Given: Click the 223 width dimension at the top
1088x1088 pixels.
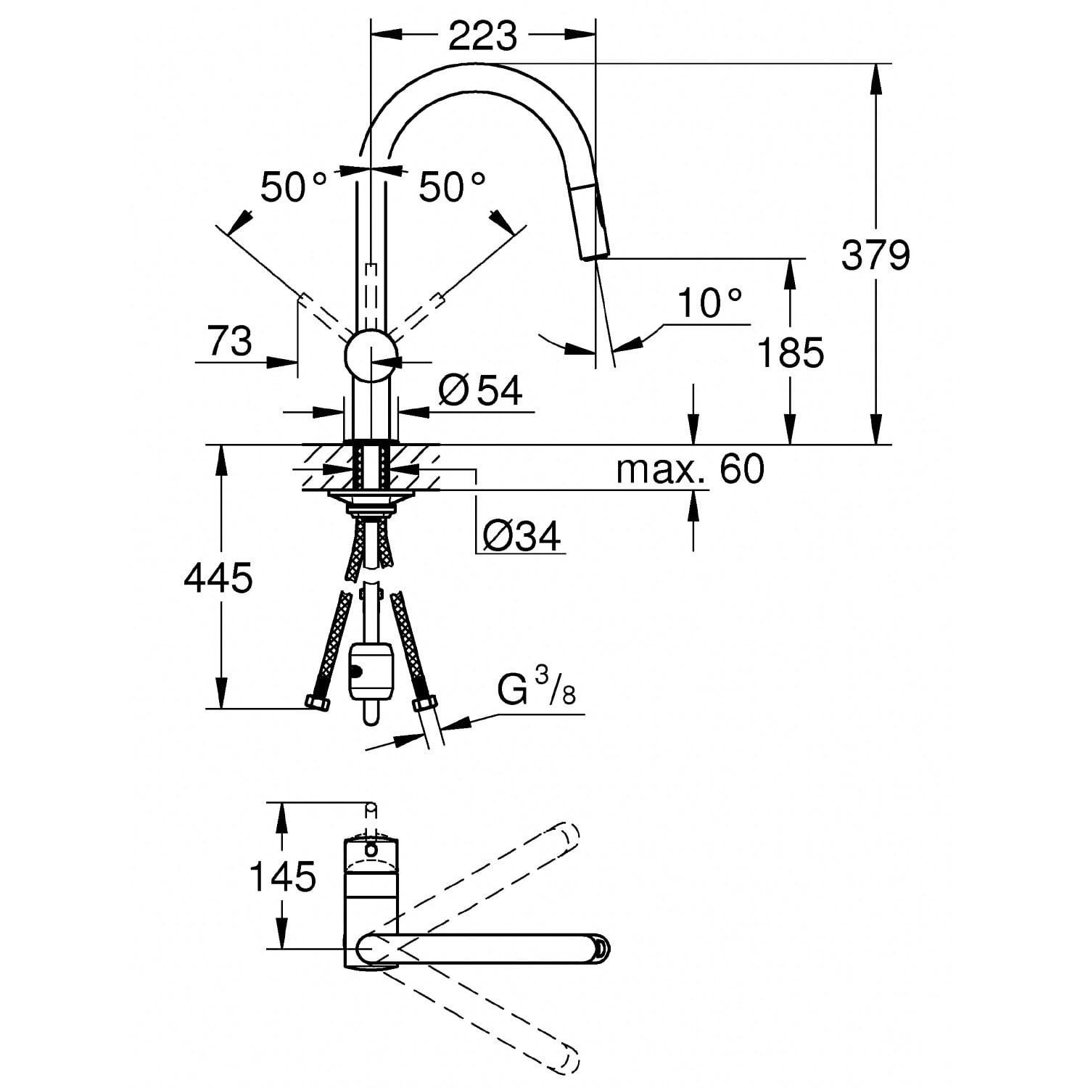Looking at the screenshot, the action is [x=482, y=35].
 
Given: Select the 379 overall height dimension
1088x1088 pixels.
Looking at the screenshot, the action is [x=875, y=255].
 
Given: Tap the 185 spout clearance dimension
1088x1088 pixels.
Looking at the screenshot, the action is [x=790, y=353].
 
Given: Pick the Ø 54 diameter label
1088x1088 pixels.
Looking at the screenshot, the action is [x=480, y=390].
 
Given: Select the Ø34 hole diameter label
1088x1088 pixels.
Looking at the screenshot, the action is [x=522, y=537].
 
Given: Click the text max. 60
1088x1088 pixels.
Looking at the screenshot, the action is [x=690, y=469].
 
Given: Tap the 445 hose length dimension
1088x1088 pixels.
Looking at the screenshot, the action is [x=218, y=578].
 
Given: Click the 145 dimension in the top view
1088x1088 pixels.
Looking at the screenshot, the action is [x=283, y=876].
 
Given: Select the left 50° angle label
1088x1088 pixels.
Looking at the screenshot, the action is [x=294, y=187].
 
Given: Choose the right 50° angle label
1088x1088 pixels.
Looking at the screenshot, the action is [x=452, y=187].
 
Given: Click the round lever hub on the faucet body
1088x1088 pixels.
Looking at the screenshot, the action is [x=371, y=355].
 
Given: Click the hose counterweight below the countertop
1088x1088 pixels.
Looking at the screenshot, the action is [x=371, y=671].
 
